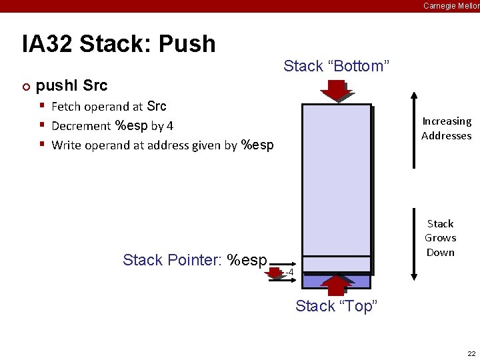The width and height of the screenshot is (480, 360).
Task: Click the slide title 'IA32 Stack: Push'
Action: (119, 44)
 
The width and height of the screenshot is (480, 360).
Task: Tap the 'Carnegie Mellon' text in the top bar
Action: (451, 6)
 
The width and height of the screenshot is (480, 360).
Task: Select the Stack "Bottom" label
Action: (336, 66)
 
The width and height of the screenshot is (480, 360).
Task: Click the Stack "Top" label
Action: (336, 306)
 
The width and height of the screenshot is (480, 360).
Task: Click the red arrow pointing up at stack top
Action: (335, 283)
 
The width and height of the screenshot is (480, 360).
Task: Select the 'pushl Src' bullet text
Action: (71, 86)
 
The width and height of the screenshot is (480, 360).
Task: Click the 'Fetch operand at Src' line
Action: (109, 107)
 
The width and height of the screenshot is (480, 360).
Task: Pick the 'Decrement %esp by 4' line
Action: (112, 126)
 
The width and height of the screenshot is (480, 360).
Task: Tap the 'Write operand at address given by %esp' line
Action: (162, 145)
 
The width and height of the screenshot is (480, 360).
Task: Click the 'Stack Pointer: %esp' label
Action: (195, 260)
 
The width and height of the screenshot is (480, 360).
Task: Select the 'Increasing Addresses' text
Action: (446, 129)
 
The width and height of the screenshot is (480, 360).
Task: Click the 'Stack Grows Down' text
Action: (440, 238)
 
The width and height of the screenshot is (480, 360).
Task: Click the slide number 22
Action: (471, 353)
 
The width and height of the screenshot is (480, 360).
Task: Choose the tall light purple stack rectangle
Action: (336, 180)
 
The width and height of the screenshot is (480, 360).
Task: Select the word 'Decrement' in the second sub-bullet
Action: (81, 126)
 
